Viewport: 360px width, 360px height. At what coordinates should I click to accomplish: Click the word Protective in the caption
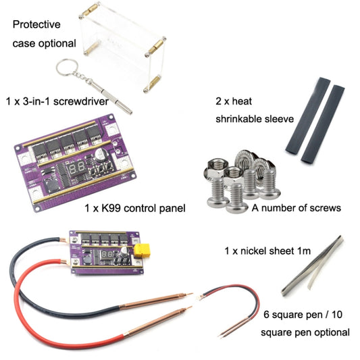[x=36, y=24]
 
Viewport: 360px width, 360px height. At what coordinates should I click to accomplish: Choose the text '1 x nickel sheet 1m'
[x=267, y=251]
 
